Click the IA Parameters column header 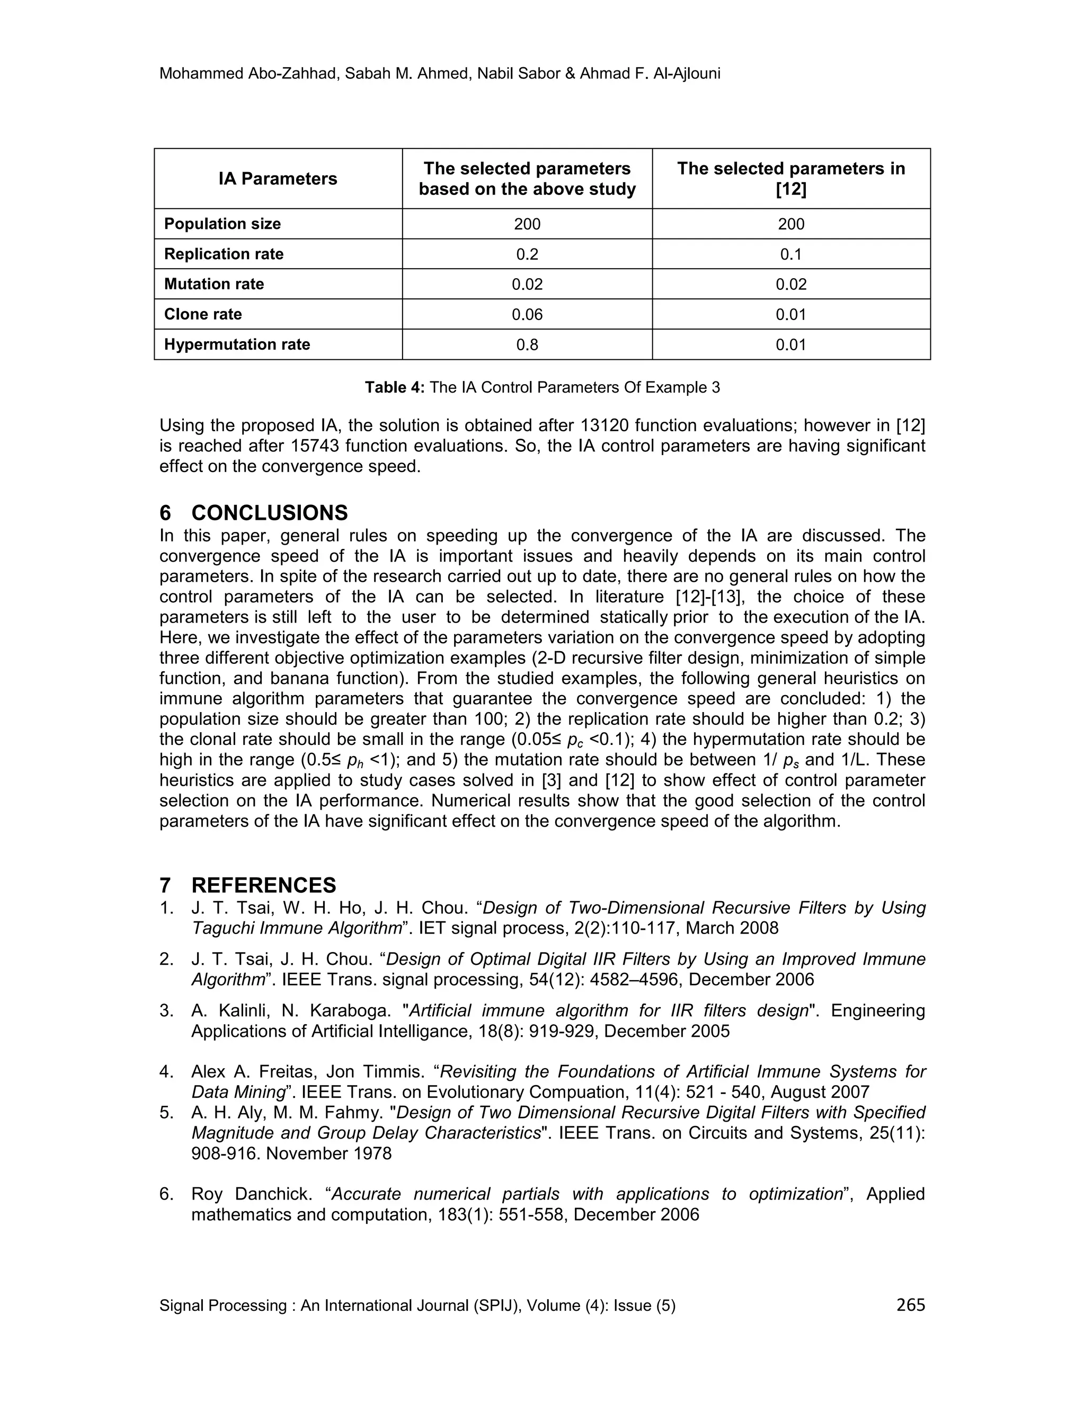(278, 179)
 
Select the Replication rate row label (224, 254)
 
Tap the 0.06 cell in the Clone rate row (527, 314)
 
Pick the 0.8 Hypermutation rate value (527, 344)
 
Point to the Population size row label (223, 224)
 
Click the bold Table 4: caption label (395, 388)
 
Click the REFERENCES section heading (263, 885)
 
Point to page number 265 (910, 1304)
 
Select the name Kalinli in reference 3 (242, 1010)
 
